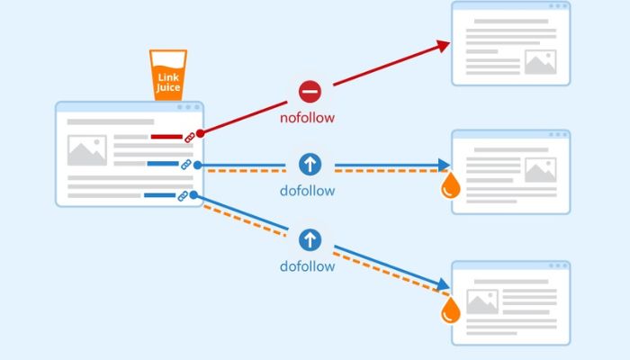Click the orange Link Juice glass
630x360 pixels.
tap(168, 75)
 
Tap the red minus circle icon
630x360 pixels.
tap(310, 91)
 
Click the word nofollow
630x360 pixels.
tap(308, 117)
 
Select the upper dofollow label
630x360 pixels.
tap(308, 190)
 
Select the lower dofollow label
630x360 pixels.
tap(308, 266)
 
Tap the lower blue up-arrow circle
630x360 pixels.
tap(310, 239)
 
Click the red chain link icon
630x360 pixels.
tap(190, 137)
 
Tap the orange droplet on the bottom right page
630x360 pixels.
tap(451, 310)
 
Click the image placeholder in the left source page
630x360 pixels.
tap(86, 150)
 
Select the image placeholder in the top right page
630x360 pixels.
tap(540, 61)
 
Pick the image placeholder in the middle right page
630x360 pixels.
tap(540, 169)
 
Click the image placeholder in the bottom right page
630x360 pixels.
tap(482, 301)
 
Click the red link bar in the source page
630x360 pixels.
tap(166, 137)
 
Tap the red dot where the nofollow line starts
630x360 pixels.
tap(200, 133)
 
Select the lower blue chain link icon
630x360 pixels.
tap(183, 195)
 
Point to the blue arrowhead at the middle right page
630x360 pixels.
tap(444, 165)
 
